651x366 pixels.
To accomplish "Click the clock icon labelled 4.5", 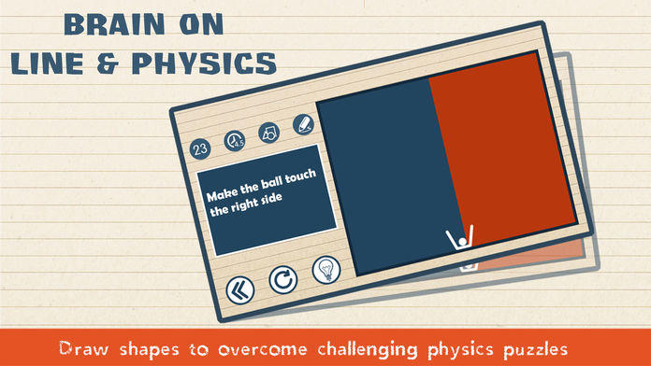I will click(234, 142).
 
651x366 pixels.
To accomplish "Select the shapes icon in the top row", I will click(268, 134).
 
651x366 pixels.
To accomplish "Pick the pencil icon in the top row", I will click(302, 125).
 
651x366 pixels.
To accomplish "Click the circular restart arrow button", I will click(282, 279).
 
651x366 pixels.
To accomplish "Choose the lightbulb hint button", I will click(324, 269).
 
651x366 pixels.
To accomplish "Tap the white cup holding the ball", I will click(458, 239).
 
